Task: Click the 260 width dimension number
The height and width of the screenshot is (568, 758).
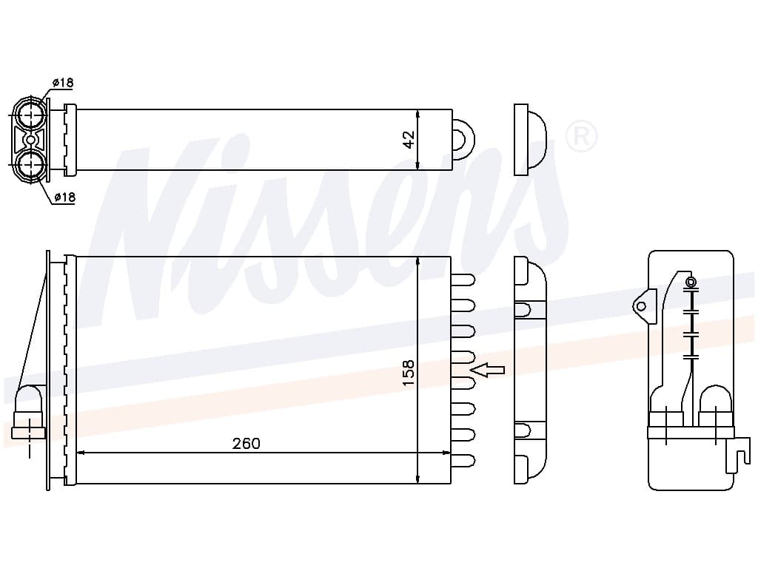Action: coord(246,444)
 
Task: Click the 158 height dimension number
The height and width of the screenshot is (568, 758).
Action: coord(408,373)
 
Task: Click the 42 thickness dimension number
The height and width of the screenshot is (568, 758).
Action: coord(408,139)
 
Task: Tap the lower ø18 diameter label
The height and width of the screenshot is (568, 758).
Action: coord(64,197)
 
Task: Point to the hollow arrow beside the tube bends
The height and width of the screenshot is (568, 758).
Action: coord(488,370)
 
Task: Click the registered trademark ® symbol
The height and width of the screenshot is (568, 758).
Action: coord(581,135)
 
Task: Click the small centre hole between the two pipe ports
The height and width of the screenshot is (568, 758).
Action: coord(30,139)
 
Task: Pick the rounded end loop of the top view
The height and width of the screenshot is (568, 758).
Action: coord(463,139)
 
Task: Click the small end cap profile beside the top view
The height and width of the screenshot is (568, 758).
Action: coord(529,139)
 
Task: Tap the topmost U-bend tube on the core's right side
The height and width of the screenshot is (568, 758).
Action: coord(463,280)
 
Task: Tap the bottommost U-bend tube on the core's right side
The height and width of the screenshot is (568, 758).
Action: coord(463,460)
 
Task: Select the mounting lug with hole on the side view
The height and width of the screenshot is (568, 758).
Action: coord(642,305)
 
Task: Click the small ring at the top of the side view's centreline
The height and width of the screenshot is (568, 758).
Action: coord(691,282)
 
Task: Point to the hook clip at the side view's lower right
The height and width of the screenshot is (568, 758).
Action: coord(737,453)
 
